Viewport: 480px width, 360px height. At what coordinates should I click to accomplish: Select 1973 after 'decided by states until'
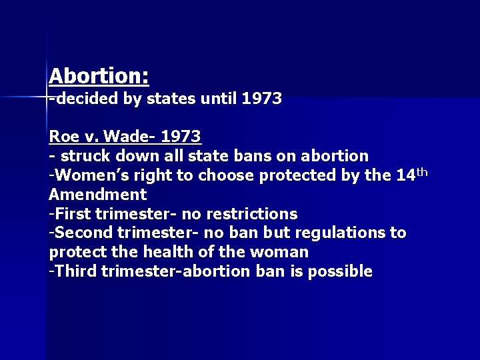pyautogui.click(x=262, y=99)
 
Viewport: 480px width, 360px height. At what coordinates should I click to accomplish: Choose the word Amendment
pyautogui.click(x=97, y=195)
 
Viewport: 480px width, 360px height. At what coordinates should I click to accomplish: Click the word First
pyautogui.click(x=73, y=214)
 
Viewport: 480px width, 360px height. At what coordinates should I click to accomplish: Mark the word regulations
pyautogui.click(x=343, y=233)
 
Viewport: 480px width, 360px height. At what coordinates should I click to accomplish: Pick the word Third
pyautogui.click(x=75, y=272)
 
